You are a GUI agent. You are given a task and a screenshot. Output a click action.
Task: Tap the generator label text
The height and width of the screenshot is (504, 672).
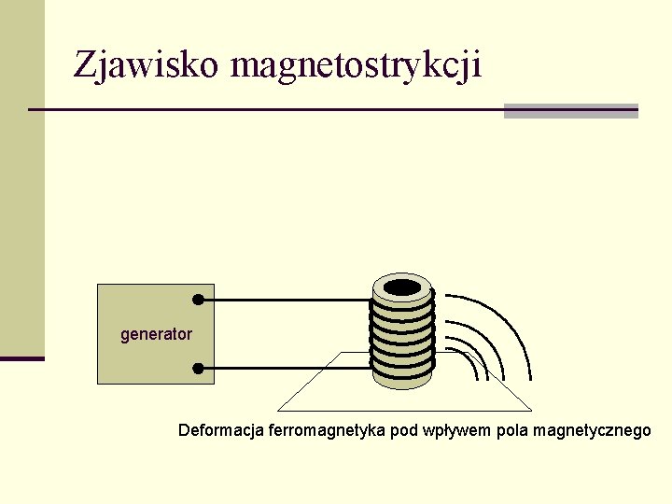[156, 334]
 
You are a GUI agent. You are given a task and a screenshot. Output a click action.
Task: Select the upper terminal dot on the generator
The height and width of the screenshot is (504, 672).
[198, 300]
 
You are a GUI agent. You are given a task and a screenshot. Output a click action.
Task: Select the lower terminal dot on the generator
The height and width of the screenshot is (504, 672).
[198, 368]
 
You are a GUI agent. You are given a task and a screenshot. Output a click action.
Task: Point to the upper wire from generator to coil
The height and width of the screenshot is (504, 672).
[285, 300]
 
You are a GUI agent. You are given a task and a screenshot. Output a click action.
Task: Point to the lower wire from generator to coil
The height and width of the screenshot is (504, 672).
[285, 368]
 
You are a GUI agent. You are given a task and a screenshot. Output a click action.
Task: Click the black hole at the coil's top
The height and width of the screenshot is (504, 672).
[403, 287]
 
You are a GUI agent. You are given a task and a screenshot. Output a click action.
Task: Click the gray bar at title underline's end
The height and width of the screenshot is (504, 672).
[570, 111]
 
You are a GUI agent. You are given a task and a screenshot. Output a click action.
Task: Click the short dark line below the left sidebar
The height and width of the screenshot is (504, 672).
[21, 358]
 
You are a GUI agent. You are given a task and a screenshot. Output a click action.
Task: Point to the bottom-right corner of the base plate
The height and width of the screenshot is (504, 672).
[531, 411]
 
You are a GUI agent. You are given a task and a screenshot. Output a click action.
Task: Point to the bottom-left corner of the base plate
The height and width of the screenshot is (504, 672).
[279, 411]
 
